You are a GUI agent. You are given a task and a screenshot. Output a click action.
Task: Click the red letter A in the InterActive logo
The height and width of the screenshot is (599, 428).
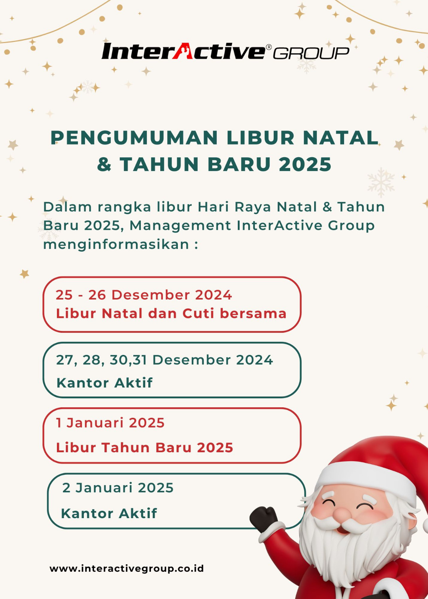point(183,51)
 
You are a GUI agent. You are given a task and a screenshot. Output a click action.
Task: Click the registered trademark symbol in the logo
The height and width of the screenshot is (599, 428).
point(268,47)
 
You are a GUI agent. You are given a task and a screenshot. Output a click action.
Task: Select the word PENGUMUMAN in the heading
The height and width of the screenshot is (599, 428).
point(134,138)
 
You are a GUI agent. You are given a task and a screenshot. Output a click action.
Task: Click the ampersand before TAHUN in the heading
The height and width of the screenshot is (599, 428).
point(104,164)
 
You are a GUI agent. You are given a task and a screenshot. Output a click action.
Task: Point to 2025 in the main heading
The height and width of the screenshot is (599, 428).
point(305,164)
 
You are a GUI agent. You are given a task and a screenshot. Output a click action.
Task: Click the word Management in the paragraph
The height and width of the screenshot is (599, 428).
point(180,225)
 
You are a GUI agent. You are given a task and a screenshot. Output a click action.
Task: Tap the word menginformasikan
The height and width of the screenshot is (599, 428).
point(116,244)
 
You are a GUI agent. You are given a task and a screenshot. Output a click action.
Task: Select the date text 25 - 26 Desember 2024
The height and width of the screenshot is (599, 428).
point(144,295)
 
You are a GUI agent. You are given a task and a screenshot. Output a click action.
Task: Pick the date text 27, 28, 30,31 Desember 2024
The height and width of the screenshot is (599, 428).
point(164,360)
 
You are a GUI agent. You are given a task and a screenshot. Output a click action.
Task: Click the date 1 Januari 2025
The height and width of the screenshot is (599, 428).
point(110,423)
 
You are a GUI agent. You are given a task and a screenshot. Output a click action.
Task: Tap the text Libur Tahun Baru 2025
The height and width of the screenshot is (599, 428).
point(145,447)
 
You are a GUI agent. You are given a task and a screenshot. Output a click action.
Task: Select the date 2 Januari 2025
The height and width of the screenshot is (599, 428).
point(118,487)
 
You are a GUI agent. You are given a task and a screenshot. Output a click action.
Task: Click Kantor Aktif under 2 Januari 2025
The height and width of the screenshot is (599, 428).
point(109,513)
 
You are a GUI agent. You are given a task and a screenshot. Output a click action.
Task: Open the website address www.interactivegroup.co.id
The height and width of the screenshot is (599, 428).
point(127,568)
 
